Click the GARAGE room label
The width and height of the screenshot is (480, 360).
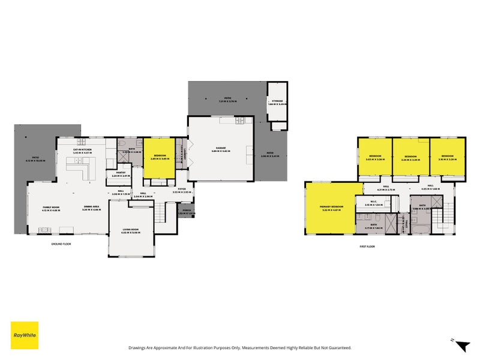click(221, 149)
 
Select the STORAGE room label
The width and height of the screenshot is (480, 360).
click(277, 102)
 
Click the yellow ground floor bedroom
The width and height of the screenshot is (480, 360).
click(159, 157)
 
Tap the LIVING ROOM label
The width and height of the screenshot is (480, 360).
click(131, 230)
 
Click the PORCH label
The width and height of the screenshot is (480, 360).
click(185, 211)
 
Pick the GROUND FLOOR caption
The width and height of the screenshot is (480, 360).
click(62, 244)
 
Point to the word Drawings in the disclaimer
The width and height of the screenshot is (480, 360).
click(139, 347)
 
